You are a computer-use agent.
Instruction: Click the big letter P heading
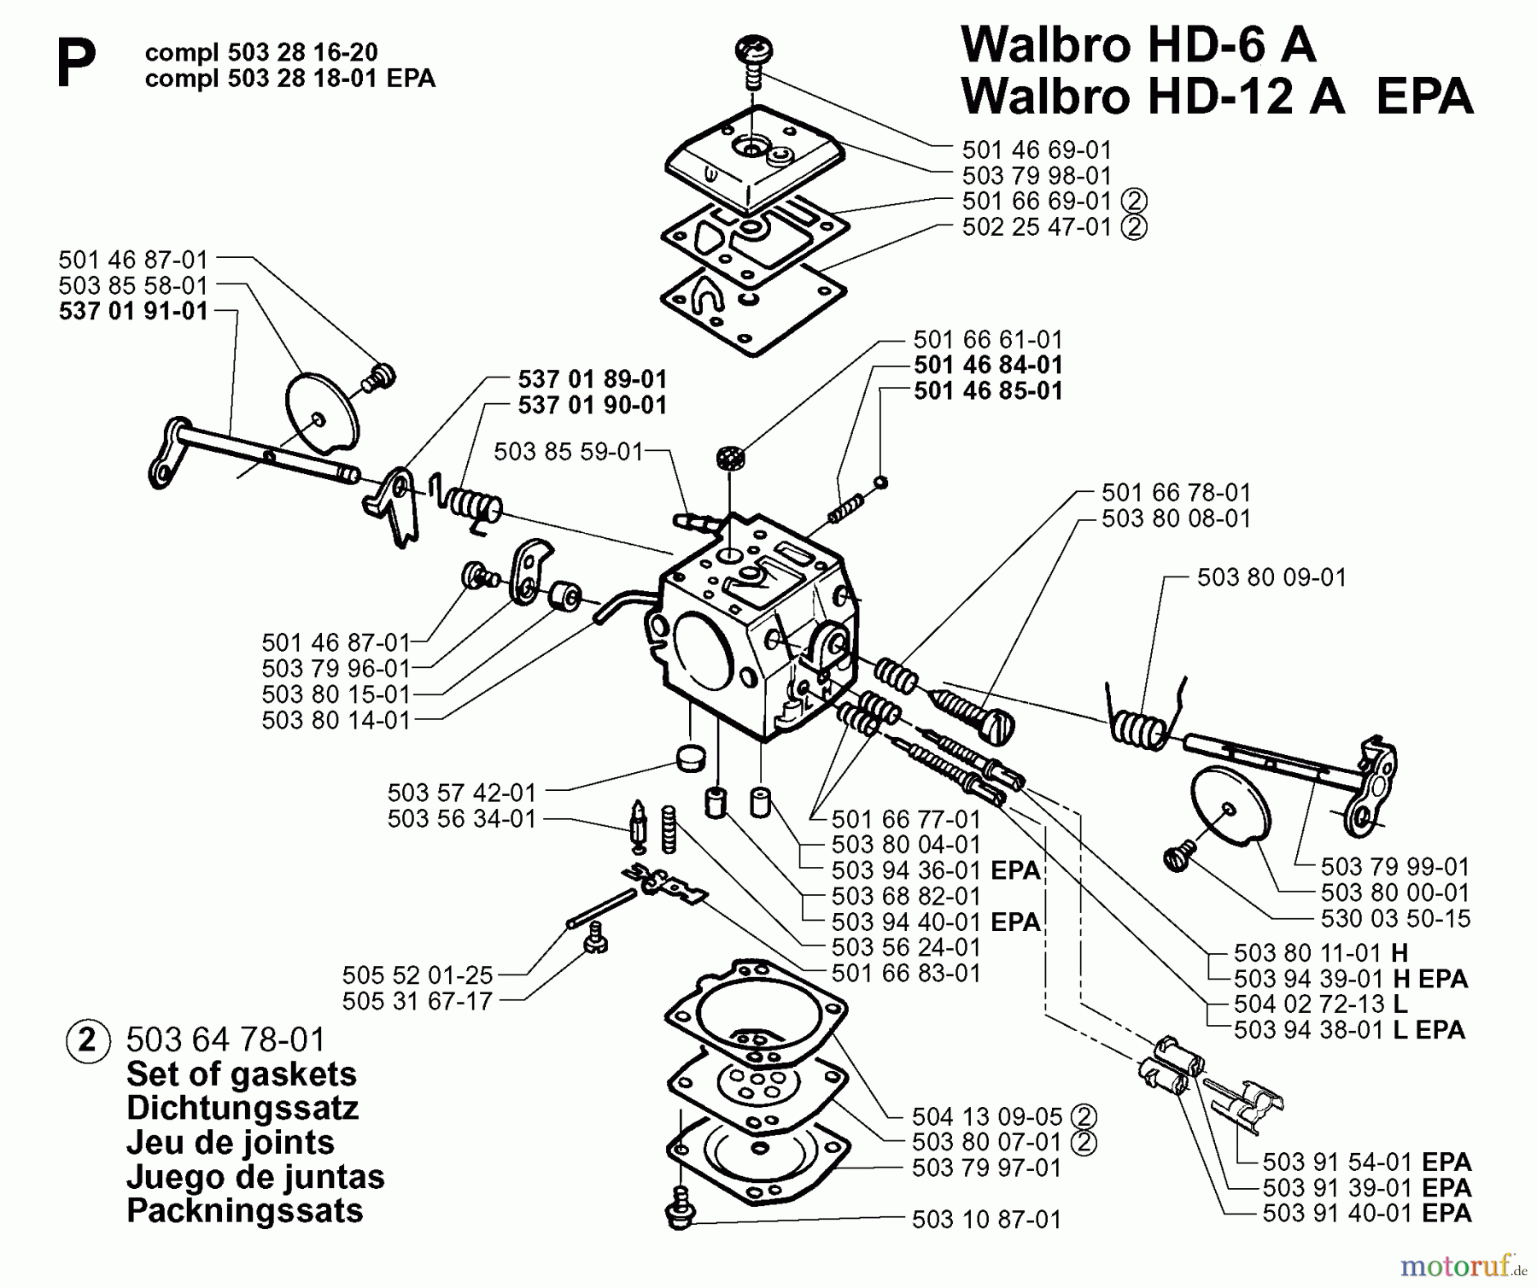(x=75, y=66)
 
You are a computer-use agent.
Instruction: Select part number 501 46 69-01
(x=1037, y=150)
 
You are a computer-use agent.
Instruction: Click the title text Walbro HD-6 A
(x=1138, y=44)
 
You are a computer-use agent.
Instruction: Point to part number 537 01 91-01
(x=133, y=311)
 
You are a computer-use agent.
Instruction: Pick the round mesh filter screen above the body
(x=731, y=458)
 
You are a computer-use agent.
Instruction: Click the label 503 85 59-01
(x=568, y=451)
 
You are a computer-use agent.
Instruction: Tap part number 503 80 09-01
(x=1271, y=577)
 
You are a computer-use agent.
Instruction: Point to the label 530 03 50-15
(x=1395, y=918)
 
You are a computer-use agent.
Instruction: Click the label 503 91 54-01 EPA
(x=1366, y=1162)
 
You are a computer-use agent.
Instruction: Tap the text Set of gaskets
(x=241, y=1074)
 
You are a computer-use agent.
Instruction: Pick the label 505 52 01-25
(x=418, y=975)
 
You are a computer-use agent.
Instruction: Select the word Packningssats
(x=244, y=1210)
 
